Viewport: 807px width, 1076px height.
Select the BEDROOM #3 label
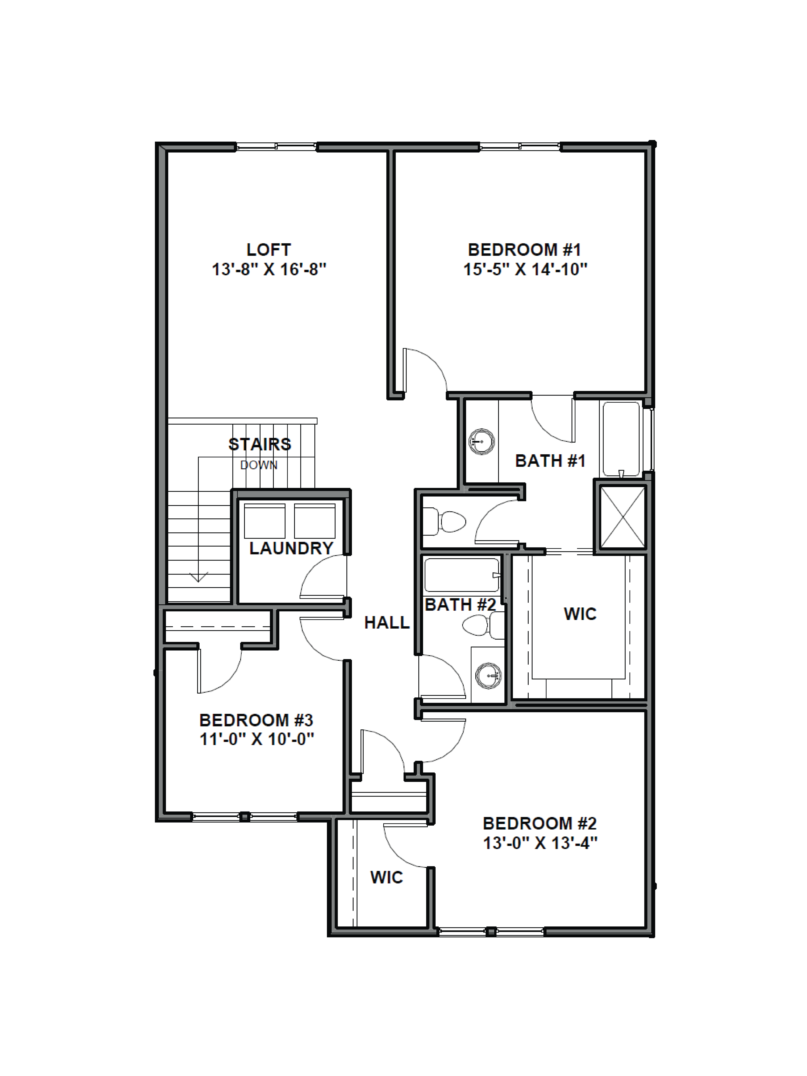click(x=256, y=720)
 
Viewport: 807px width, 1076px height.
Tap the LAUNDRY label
click(x=291, y=548)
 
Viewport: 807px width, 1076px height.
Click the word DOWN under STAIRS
click(x=259, y=465)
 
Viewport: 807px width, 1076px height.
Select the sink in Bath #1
click(x=482, y=442)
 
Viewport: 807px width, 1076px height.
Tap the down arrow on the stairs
click(x=198, y=577)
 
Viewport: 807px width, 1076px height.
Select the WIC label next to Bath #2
click(x=580, y=614)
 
